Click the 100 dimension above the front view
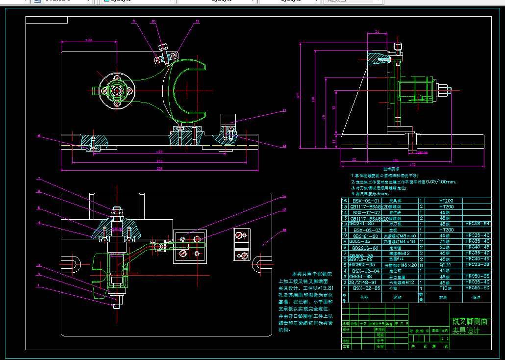point(89,40)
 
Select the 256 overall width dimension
point(159,168)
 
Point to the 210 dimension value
point(159,161)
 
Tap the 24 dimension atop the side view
point(377,32)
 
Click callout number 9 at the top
point(133,21)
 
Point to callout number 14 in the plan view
point(283,197)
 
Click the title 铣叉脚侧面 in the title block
point(470,322)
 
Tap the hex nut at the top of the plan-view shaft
point(116,212)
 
